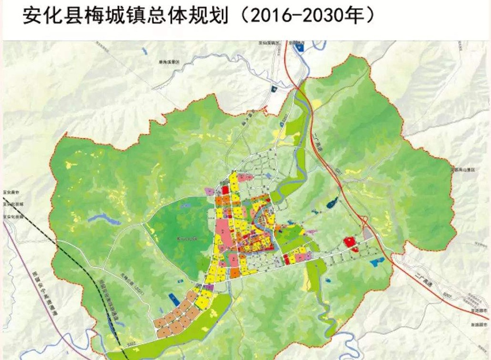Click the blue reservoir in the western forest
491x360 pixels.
coord(104,219)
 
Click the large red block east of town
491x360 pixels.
coord(349,242)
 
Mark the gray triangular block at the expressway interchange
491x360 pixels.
coord(367,233)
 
